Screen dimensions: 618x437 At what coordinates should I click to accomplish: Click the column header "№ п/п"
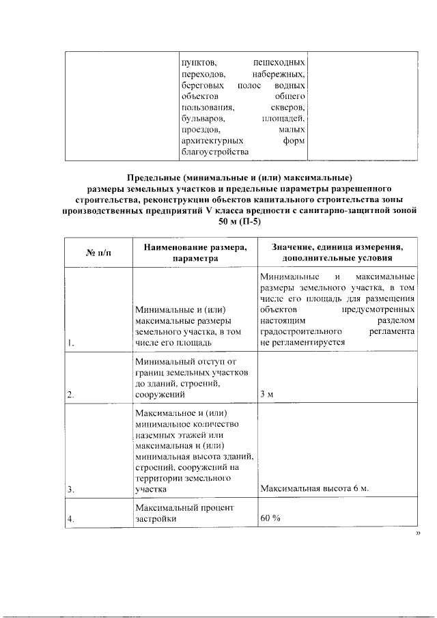tap(97, 253)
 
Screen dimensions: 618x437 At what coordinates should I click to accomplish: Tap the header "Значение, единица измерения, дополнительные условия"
tap(337, 253)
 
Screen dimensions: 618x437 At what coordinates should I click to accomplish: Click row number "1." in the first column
tap(71, 342)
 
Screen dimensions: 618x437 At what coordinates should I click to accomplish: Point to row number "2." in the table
tap(71, 395)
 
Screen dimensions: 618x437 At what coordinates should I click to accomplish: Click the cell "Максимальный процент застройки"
tap(184, 514)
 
